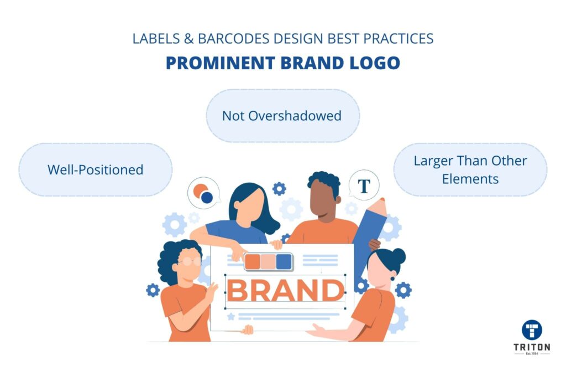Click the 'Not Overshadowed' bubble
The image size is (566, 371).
[282, 116]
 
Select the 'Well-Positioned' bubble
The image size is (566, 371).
[95, 169]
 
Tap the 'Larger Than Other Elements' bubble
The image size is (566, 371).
[470, 169]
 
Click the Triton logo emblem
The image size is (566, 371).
[532, 330]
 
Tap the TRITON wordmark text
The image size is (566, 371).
[532, 347]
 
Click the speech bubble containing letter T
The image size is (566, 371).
[364, 185]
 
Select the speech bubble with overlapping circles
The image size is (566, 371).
[203, 193]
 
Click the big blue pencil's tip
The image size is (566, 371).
[382, 199]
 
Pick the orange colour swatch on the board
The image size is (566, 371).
[252, 262]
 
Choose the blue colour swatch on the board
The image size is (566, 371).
[284, 262]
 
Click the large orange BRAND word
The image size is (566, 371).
[285, 290]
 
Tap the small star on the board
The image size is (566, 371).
[231, 317]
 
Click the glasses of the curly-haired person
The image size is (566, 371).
[189, 261]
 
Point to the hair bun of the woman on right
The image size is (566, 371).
[399, 256]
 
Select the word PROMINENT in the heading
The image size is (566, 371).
[221, 63]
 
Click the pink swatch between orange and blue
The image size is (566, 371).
[268, 262]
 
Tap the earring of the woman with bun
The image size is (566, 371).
[392, 279]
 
